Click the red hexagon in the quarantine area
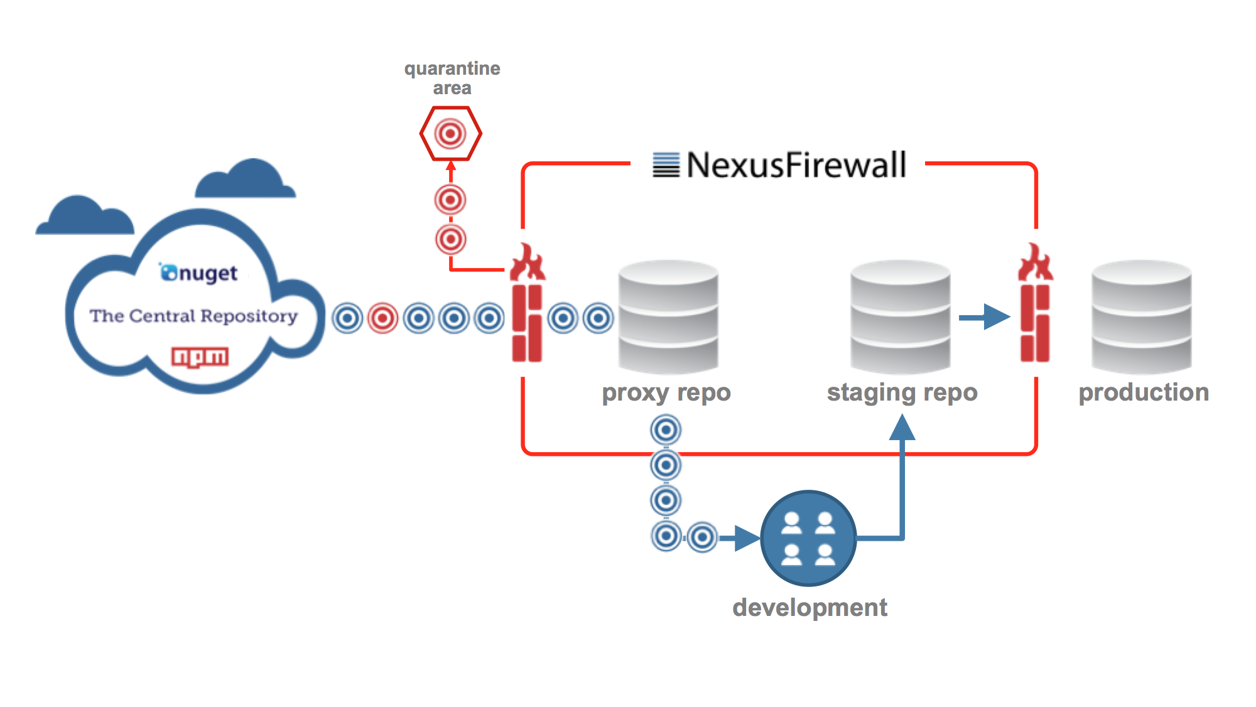tap(450, 134)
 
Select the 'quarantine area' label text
tap(452, 78)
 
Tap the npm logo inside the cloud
tap(200, 357)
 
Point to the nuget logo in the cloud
tap(198, 273)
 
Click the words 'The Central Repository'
tap(193, 316)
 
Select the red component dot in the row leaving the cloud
tap(382, 318)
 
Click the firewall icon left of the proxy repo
tap(528, 305)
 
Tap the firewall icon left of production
tap(1035, 305)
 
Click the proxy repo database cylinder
tap(668, 317)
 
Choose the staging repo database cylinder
tap(900, 317)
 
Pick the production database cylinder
tap(1141, 317)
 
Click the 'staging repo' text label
tap(902, 393)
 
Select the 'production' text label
tap(1143, 393)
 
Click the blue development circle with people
tap(808, 538)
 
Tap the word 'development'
tap(809, 608)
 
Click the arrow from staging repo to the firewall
tap(984, 317)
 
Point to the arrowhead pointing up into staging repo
tap(902, 429)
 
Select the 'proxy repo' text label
tap(666, 393)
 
